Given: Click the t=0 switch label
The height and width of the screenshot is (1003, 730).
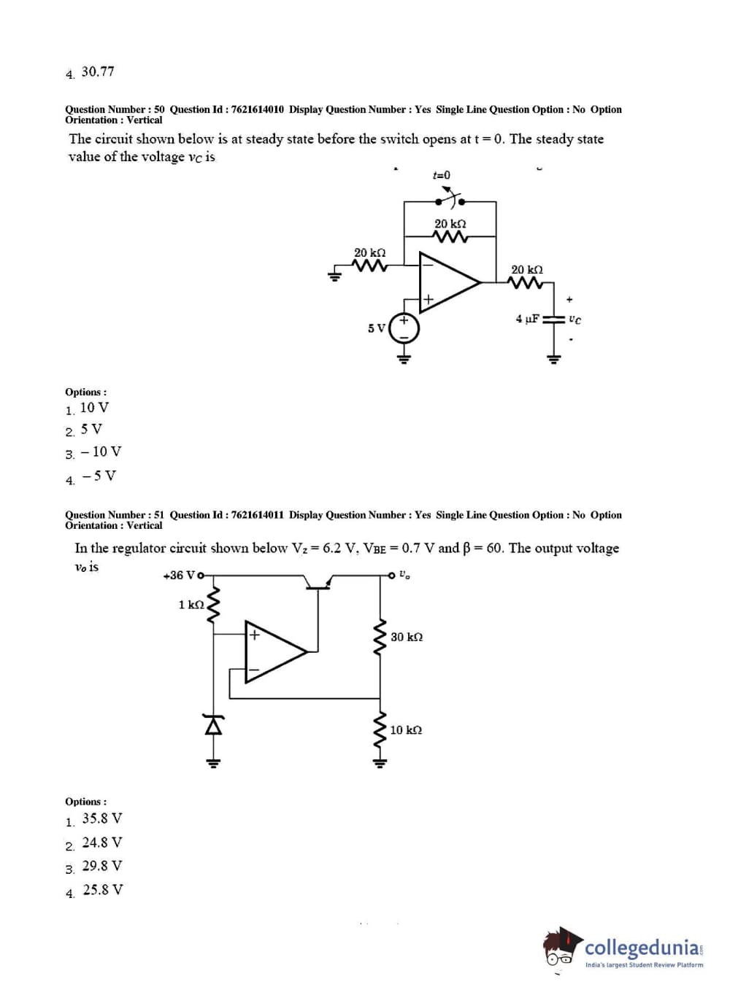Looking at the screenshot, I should coord(442,175).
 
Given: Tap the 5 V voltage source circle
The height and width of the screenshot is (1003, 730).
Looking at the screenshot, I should coord(404,328).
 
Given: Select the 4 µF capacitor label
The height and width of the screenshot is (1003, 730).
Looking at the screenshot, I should coord(527,319).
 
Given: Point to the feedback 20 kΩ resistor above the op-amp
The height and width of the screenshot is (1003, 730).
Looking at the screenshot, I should coord(450,236).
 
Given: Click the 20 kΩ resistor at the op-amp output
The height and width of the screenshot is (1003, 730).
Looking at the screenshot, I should coord(526,283).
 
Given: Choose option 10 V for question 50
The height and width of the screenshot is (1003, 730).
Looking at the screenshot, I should coord(94,408).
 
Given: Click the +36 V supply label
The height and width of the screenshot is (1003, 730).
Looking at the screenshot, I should coord(180,576).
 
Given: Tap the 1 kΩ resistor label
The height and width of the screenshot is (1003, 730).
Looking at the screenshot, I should coord(191,605).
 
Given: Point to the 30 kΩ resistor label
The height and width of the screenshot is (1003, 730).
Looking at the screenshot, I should coord(407,637).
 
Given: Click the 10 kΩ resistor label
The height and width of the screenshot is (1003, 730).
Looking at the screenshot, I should coord(406,730).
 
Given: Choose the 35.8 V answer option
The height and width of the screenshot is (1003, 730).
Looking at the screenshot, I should coord(102,818).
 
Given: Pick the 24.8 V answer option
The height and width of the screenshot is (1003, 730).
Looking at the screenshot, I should coord(102,843).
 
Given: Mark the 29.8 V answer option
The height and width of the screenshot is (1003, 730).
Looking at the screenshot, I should coord(102,866).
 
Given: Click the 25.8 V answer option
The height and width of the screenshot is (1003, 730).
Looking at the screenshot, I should coord(103,890).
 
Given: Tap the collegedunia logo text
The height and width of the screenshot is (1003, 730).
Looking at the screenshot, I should coord(642,948).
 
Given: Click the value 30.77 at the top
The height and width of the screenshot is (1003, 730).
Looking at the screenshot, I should coord(98,71).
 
